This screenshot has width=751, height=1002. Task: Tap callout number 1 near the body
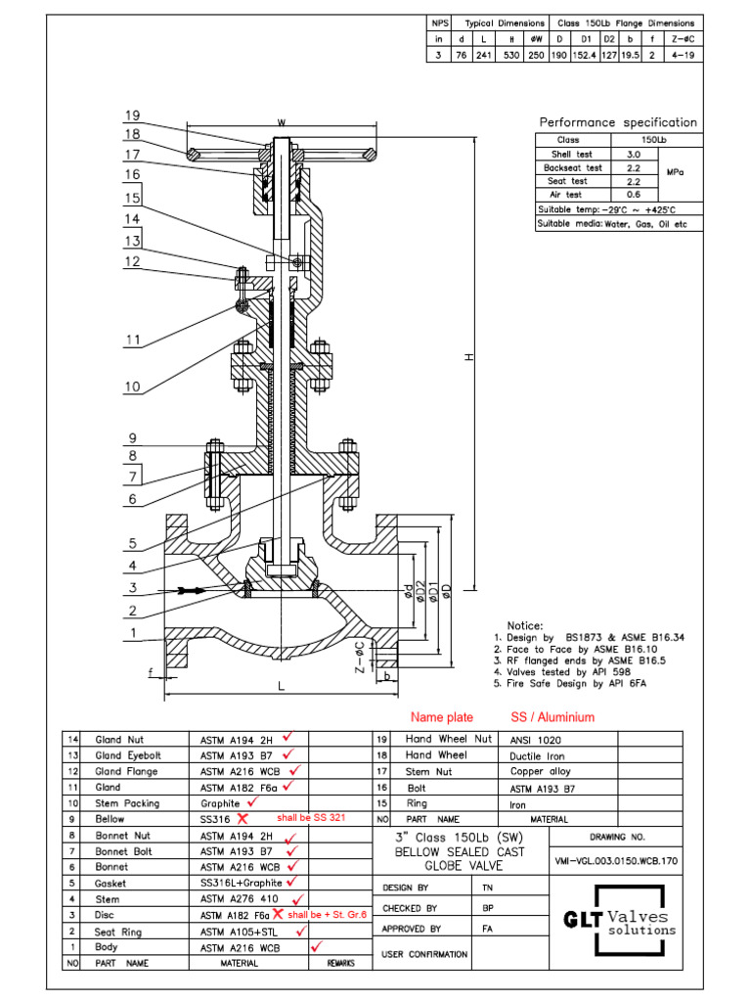[132, 634]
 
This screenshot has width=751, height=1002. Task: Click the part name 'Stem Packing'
[124, 802]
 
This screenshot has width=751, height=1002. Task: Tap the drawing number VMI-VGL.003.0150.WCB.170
[615, 861]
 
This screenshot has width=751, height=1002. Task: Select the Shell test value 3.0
[633, 155]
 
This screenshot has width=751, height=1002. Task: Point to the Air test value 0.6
[633, 194]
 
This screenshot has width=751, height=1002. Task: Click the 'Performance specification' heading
[618, 122]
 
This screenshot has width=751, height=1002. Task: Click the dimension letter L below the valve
[281, 687]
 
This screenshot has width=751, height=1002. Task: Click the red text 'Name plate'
[442, 717]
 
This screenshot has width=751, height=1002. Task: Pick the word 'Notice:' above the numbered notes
[525, 625]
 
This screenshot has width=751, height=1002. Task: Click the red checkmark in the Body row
[316, 946]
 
